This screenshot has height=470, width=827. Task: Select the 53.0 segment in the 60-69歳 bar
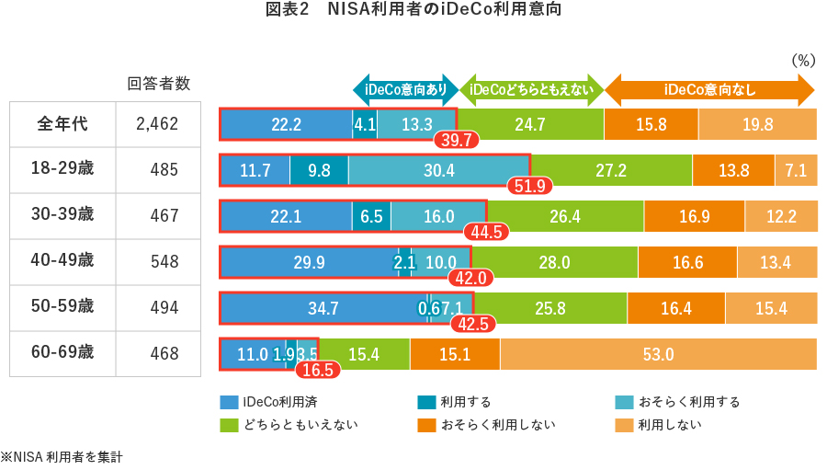coord(658,354)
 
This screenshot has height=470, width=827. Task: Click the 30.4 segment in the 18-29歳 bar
coord(438,170)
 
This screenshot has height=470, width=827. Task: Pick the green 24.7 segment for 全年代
coord(530,124)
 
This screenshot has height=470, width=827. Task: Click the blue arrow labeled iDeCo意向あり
coord(405,89)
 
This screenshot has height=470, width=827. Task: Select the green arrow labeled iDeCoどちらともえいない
coord(532,89)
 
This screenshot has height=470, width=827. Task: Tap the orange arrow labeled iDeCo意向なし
coord(709,89)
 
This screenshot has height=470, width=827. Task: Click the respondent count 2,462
coord(156,124)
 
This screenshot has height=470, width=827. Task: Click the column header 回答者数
coord(158,84)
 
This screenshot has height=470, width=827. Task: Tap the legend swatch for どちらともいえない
coord(229,425)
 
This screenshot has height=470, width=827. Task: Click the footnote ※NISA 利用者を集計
coord(62,456)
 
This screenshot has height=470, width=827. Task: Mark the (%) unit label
coord(803,61)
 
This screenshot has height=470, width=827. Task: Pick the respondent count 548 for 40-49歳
coord(164,262)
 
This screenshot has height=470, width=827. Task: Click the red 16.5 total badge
coord(318,370)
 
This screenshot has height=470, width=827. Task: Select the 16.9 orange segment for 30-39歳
coord(694,216)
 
